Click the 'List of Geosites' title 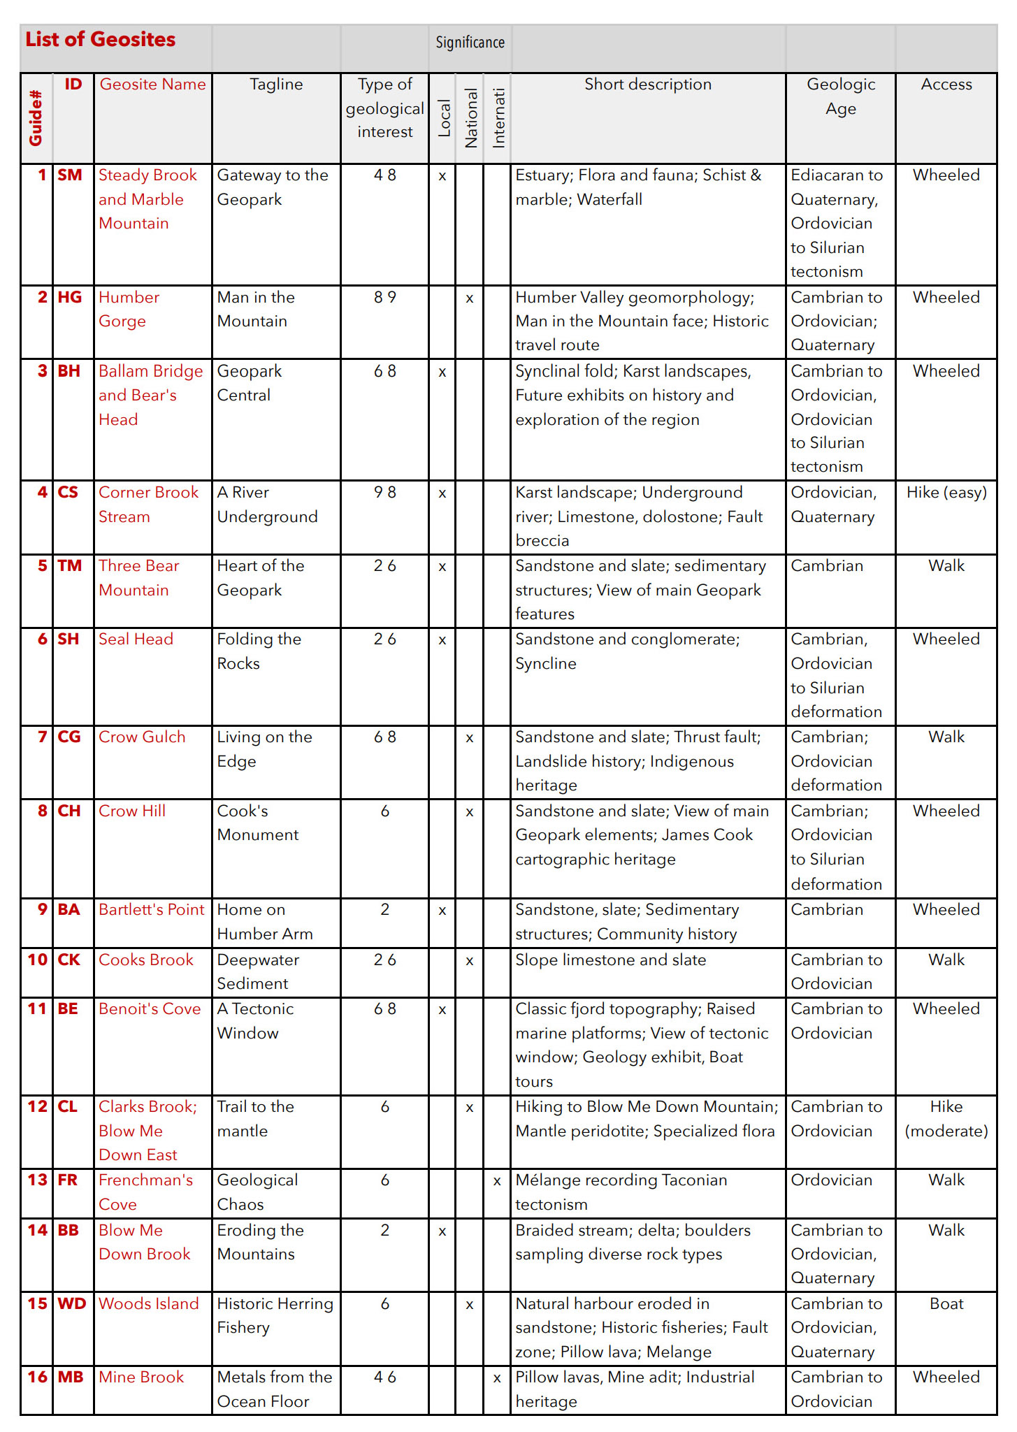tap(101, 40)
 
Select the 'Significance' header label tap(470, 43)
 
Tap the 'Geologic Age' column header tap(840, 96)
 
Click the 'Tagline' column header tap(276, 85)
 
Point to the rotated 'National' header tap(470, 117)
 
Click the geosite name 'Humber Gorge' tap(129, 309)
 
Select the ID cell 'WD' tap(72, 1303)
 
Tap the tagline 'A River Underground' tap(267, 505)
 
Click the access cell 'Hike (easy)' tap(946, 493)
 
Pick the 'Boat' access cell tap(946, 1303)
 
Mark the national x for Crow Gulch tap(470, 738)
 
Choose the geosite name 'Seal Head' tap(136, 639)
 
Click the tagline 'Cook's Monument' tap(257, 823)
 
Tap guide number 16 tap(37, 1377)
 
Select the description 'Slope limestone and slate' tap(611, 960)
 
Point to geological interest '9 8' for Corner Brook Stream tap(384, 493)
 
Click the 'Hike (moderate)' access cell tap(946, 1119)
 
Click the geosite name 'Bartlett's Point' tap(152, 910)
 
